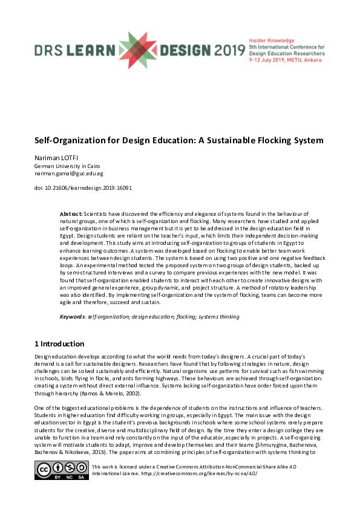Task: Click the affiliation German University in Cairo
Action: [58, 166]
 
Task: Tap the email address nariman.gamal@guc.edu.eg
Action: [69, 173]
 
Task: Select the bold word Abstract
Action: [71, 214]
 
